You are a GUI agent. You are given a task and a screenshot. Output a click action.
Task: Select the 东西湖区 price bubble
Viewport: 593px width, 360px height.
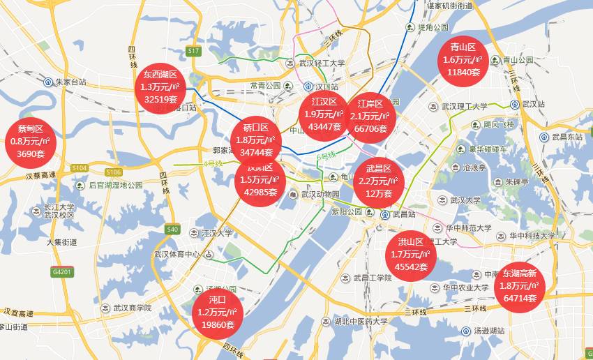[x=161, y=87]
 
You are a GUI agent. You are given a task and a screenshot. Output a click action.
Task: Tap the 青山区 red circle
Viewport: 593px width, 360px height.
[x=463, y=59]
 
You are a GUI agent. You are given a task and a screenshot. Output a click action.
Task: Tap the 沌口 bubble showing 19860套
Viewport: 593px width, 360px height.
[x=218, y=312]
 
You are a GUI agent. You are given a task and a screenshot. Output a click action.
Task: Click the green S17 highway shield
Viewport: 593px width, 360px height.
[x=193, y=51]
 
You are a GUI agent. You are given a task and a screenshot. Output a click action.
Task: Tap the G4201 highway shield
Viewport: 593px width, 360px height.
[x=61, y=271]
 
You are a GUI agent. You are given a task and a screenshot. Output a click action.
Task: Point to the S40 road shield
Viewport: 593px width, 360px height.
[x=173, y=229]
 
